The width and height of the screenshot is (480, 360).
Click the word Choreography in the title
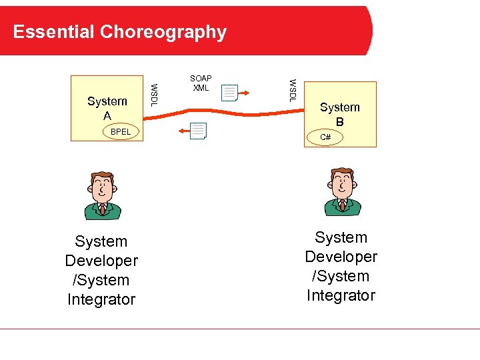(163, 32)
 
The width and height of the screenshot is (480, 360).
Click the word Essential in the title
(54, 32)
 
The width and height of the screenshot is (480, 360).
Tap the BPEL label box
(121, 132)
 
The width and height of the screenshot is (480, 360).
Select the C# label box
(325, 137)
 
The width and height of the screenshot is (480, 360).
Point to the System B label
(339, 115)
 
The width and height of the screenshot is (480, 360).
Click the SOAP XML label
(201, 83)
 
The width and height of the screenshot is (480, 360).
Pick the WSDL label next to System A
(154, 94)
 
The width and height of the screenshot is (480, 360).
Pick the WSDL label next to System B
(291, 90)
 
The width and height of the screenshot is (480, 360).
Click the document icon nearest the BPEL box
(198, 131)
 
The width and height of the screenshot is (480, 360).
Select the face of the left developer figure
(102, 187)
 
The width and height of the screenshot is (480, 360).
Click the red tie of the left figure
(103, 209)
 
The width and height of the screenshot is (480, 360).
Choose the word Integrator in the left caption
(101, 299)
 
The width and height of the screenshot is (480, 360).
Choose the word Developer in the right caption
(341, 257)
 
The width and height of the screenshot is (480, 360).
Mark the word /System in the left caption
(101, 280)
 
